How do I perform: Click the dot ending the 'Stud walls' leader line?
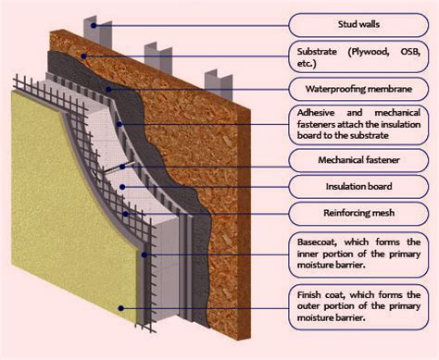pos(91,19)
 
